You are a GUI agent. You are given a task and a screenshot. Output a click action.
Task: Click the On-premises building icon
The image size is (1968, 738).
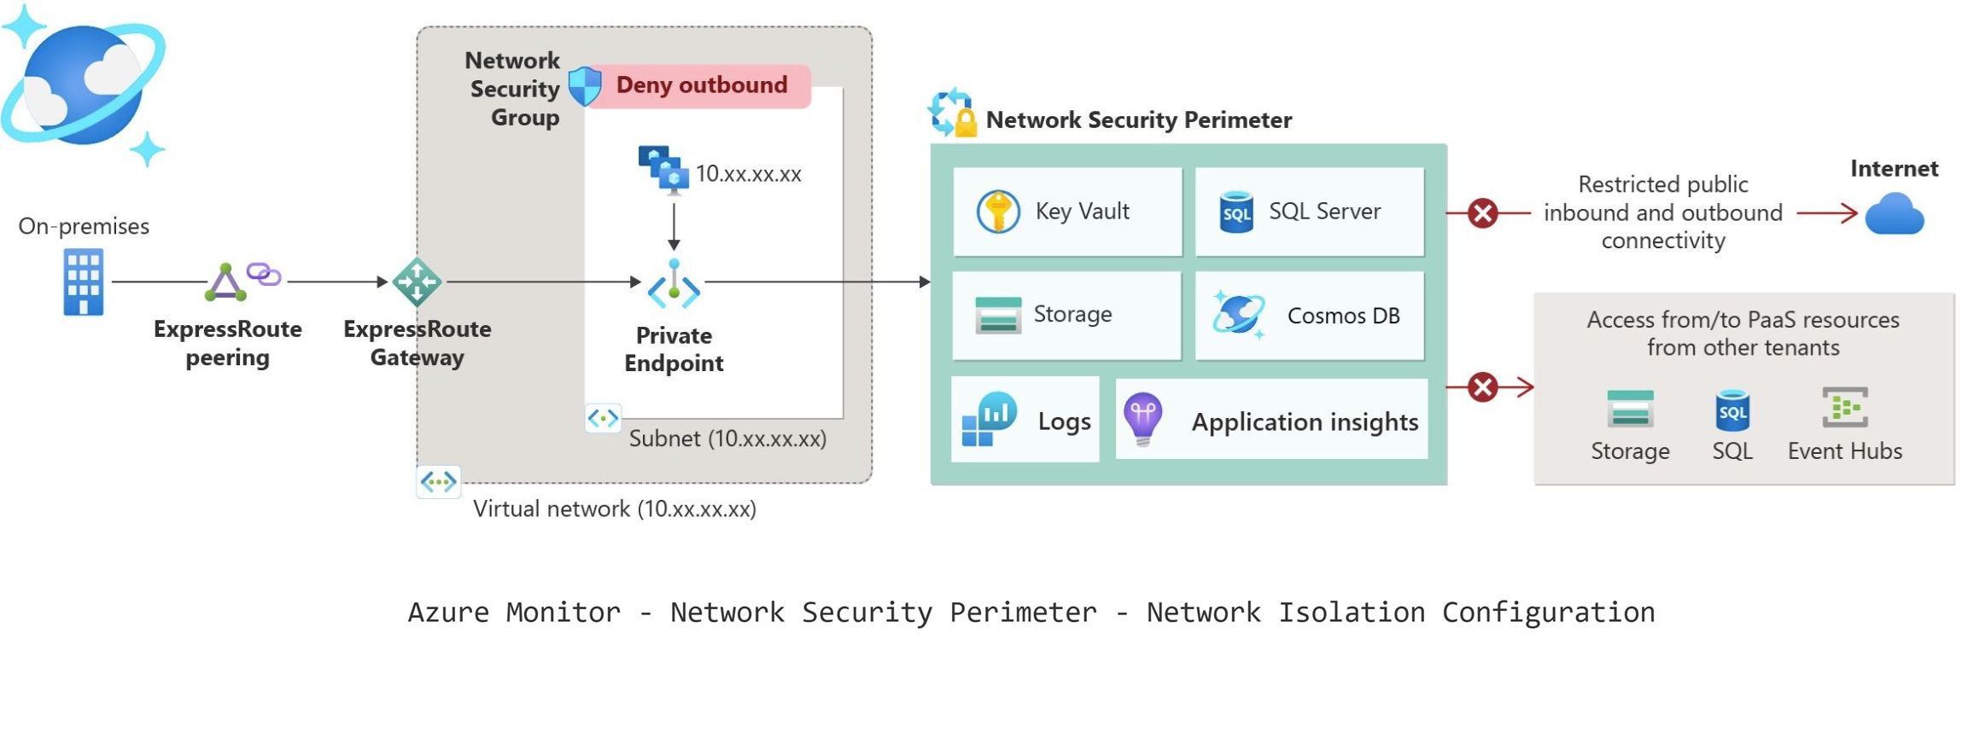[x=84, y=282]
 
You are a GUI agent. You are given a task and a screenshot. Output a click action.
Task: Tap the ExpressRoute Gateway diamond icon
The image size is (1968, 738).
[x=417, y=282]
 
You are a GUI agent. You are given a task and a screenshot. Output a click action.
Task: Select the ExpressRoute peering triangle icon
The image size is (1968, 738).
[x=225, y=282]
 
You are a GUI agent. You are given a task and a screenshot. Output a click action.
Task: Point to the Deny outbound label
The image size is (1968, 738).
[x=701, y=85]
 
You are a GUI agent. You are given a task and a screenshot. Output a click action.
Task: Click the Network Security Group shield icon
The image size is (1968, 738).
[x=585, y=85]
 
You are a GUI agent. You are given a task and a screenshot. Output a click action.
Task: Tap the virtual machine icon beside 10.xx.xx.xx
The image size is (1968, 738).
[x=663, y=169]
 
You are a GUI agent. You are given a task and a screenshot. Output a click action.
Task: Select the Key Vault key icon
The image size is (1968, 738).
[x=997, y=211]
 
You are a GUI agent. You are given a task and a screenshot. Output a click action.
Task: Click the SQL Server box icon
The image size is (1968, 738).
[x=1236, y=212]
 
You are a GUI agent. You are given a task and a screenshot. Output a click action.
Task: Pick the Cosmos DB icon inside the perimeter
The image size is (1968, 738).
[x=1239, y=314]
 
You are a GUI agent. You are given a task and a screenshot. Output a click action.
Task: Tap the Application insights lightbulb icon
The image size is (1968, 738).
[x=1143, y=419]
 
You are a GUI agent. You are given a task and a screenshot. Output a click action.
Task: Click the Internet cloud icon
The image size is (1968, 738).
[x=1894, y=213]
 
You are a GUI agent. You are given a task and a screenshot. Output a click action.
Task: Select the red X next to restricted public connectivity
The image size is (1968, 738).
[x=1483, y=212]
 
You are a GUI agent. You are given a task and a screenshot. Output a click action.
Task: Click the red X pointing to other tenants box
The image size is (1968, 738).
[x=1483, y=387]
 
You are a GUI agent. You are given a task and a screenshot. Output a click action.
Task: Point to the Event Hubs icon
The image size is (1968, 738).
[x=1844, y=408]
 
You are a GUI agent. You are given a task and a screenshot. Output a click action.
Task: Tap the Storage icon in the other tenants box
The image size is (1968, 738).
[x=1630, y=409]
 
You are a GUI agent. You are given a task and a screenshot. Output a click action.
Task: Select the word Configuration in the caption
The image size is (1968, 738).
[x=1548, y=612]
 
